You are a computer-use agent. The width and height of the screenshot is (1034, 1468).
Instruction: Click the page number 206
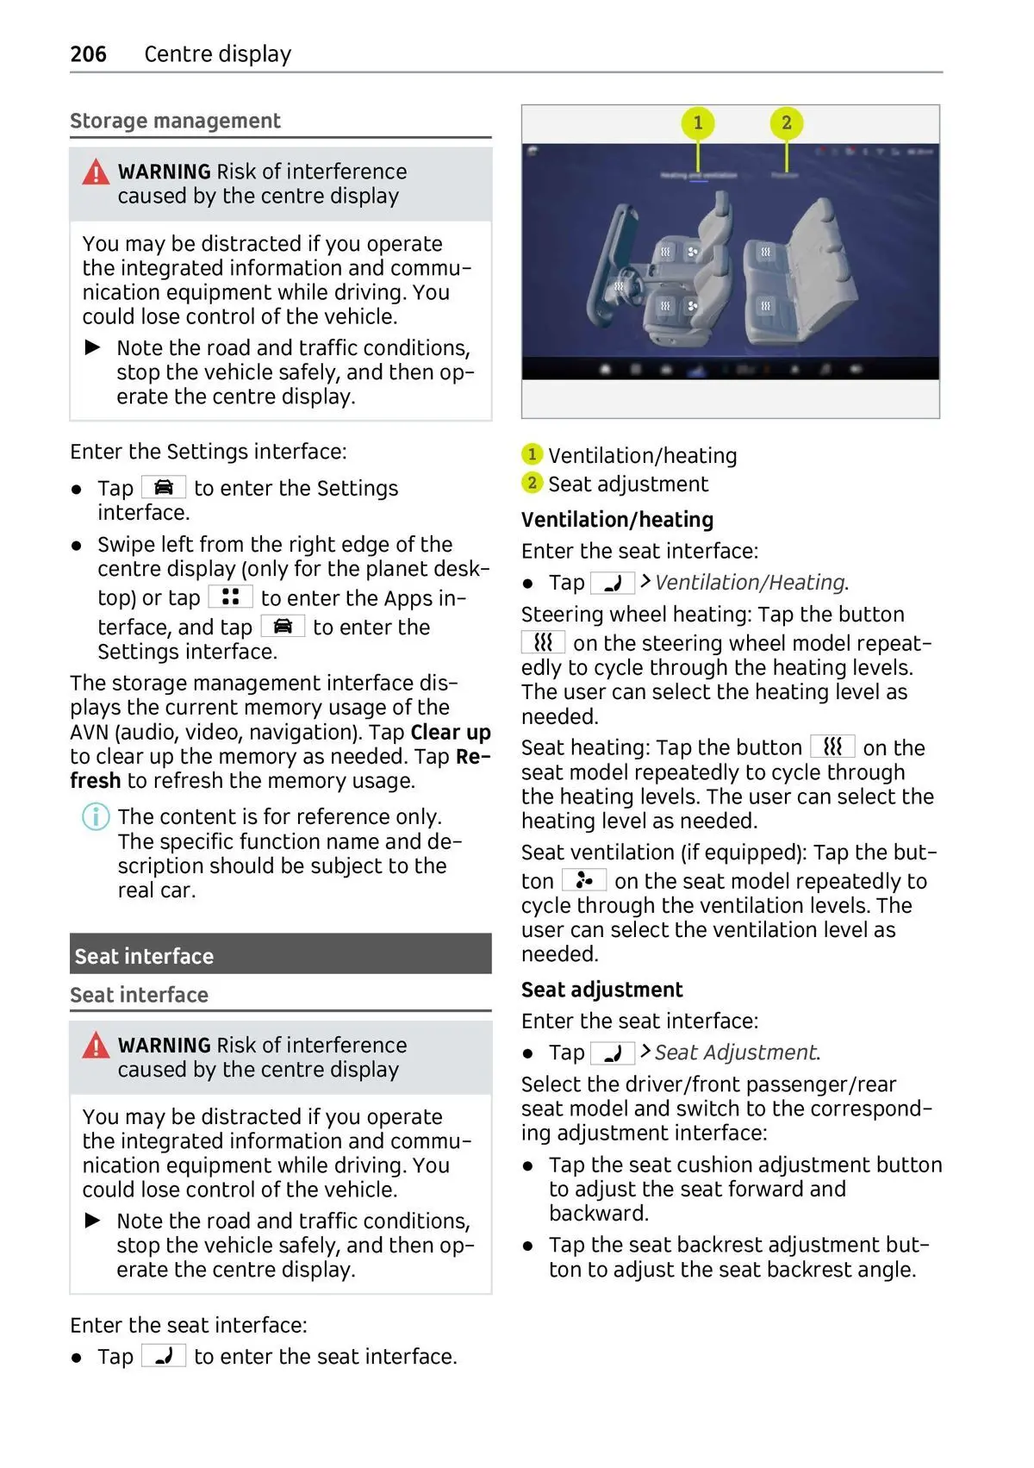click(88, 54)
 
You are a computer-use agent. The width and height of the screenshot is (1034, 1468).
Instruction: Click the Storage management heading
click(175, 121)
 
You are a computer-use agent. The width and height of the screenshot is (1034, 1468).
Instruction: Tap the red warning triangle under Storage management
click(96, 173)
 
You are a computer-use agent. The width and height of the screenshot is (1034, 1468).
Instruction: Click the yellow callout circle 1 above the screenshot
click(698, 123)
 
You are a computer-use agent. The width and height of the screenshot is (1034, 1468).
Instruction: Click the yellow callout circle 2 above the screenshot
click(786, 123)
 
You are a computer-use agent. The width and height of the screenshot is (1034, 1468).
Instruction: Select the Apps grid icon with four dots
click(230, 597)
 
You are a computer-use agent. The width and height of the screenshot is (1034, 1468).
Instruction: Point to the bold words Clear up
click(451, 733)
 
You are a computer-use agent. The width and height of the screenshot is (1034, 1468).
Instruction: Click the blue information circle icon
click(96, 815)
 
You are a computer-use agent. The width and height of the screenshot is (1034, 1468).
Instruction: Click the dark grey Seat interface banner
click(280, 955)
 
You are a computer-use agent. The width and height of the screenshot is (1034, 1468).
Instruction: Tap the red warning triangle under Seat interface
click(96, 1046)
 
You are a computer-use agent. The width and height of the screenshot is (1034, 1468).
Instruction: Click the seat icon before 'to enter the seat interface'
click(164, 1356)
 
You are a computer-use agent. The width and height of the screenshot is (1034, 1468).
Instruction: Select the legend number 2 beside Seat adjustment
click(532, 483)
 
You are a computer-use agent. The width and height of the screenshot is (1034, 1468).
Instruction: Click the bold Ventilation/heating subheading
click(617, 520)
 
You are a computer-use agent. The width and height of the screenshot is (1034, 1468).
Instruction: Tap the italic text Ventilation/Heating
click(750, 583)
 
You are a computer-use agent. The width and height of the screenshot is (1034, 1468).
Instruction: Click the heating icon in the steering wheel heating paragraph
click(543, 642)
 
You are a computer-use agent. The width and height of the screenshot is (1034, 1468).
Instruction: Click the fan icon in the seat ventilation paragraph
click(584, 880)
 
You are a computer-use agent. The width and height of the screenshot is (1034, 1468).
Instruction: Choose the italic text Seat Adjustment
click(735, 1053)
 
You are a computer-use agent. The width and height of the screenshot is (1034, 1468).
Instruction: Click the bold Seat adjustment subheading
click(601, 990)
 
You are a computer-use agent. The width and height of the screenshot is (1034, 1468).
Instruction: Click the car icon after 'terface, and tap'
click(283, 626)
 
